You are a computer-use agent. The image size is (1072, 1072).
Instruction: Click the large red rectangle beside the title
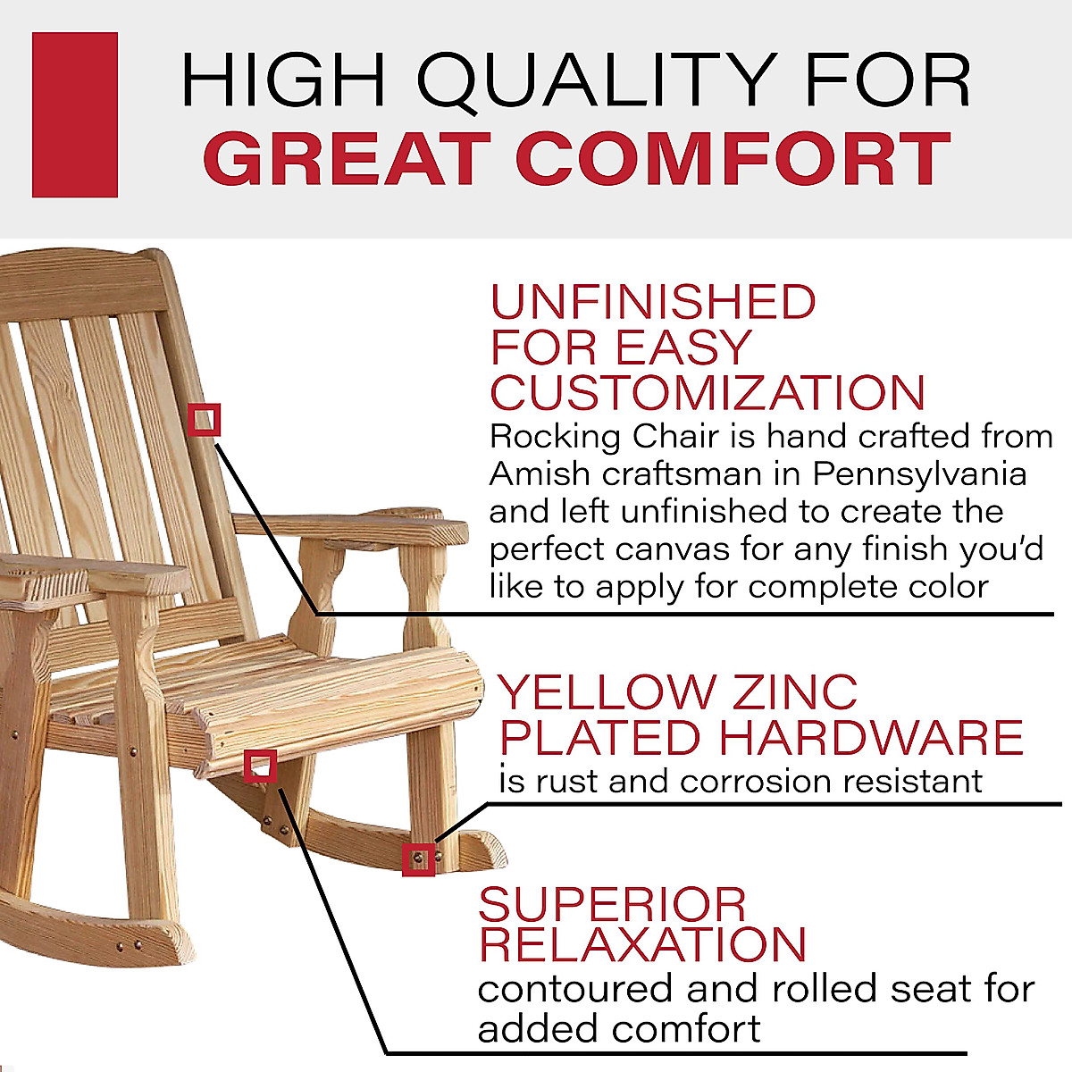75,114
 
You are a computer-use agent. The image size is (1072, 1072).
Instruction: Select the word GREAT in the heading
351,159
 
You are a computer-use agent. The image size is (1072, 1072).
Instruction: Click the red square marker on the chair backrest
204,419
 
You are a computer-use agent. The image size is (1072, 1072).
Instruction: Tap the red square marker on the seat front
260,766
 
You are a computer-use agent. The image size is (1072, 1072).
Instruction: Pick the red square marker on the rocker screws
418,858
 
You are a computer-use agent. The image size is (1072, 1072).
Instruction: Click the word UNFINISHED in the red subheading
653,303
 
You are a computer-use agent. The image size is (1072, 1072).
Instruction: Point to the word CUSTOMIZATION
708,393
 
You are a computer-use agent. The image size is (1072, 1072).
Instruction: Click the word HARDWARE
871,738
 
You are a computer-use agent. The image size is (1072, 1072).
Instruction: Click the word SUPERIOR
613,905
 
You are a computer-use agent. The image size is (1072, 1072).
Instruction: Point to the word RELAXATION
642,945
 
